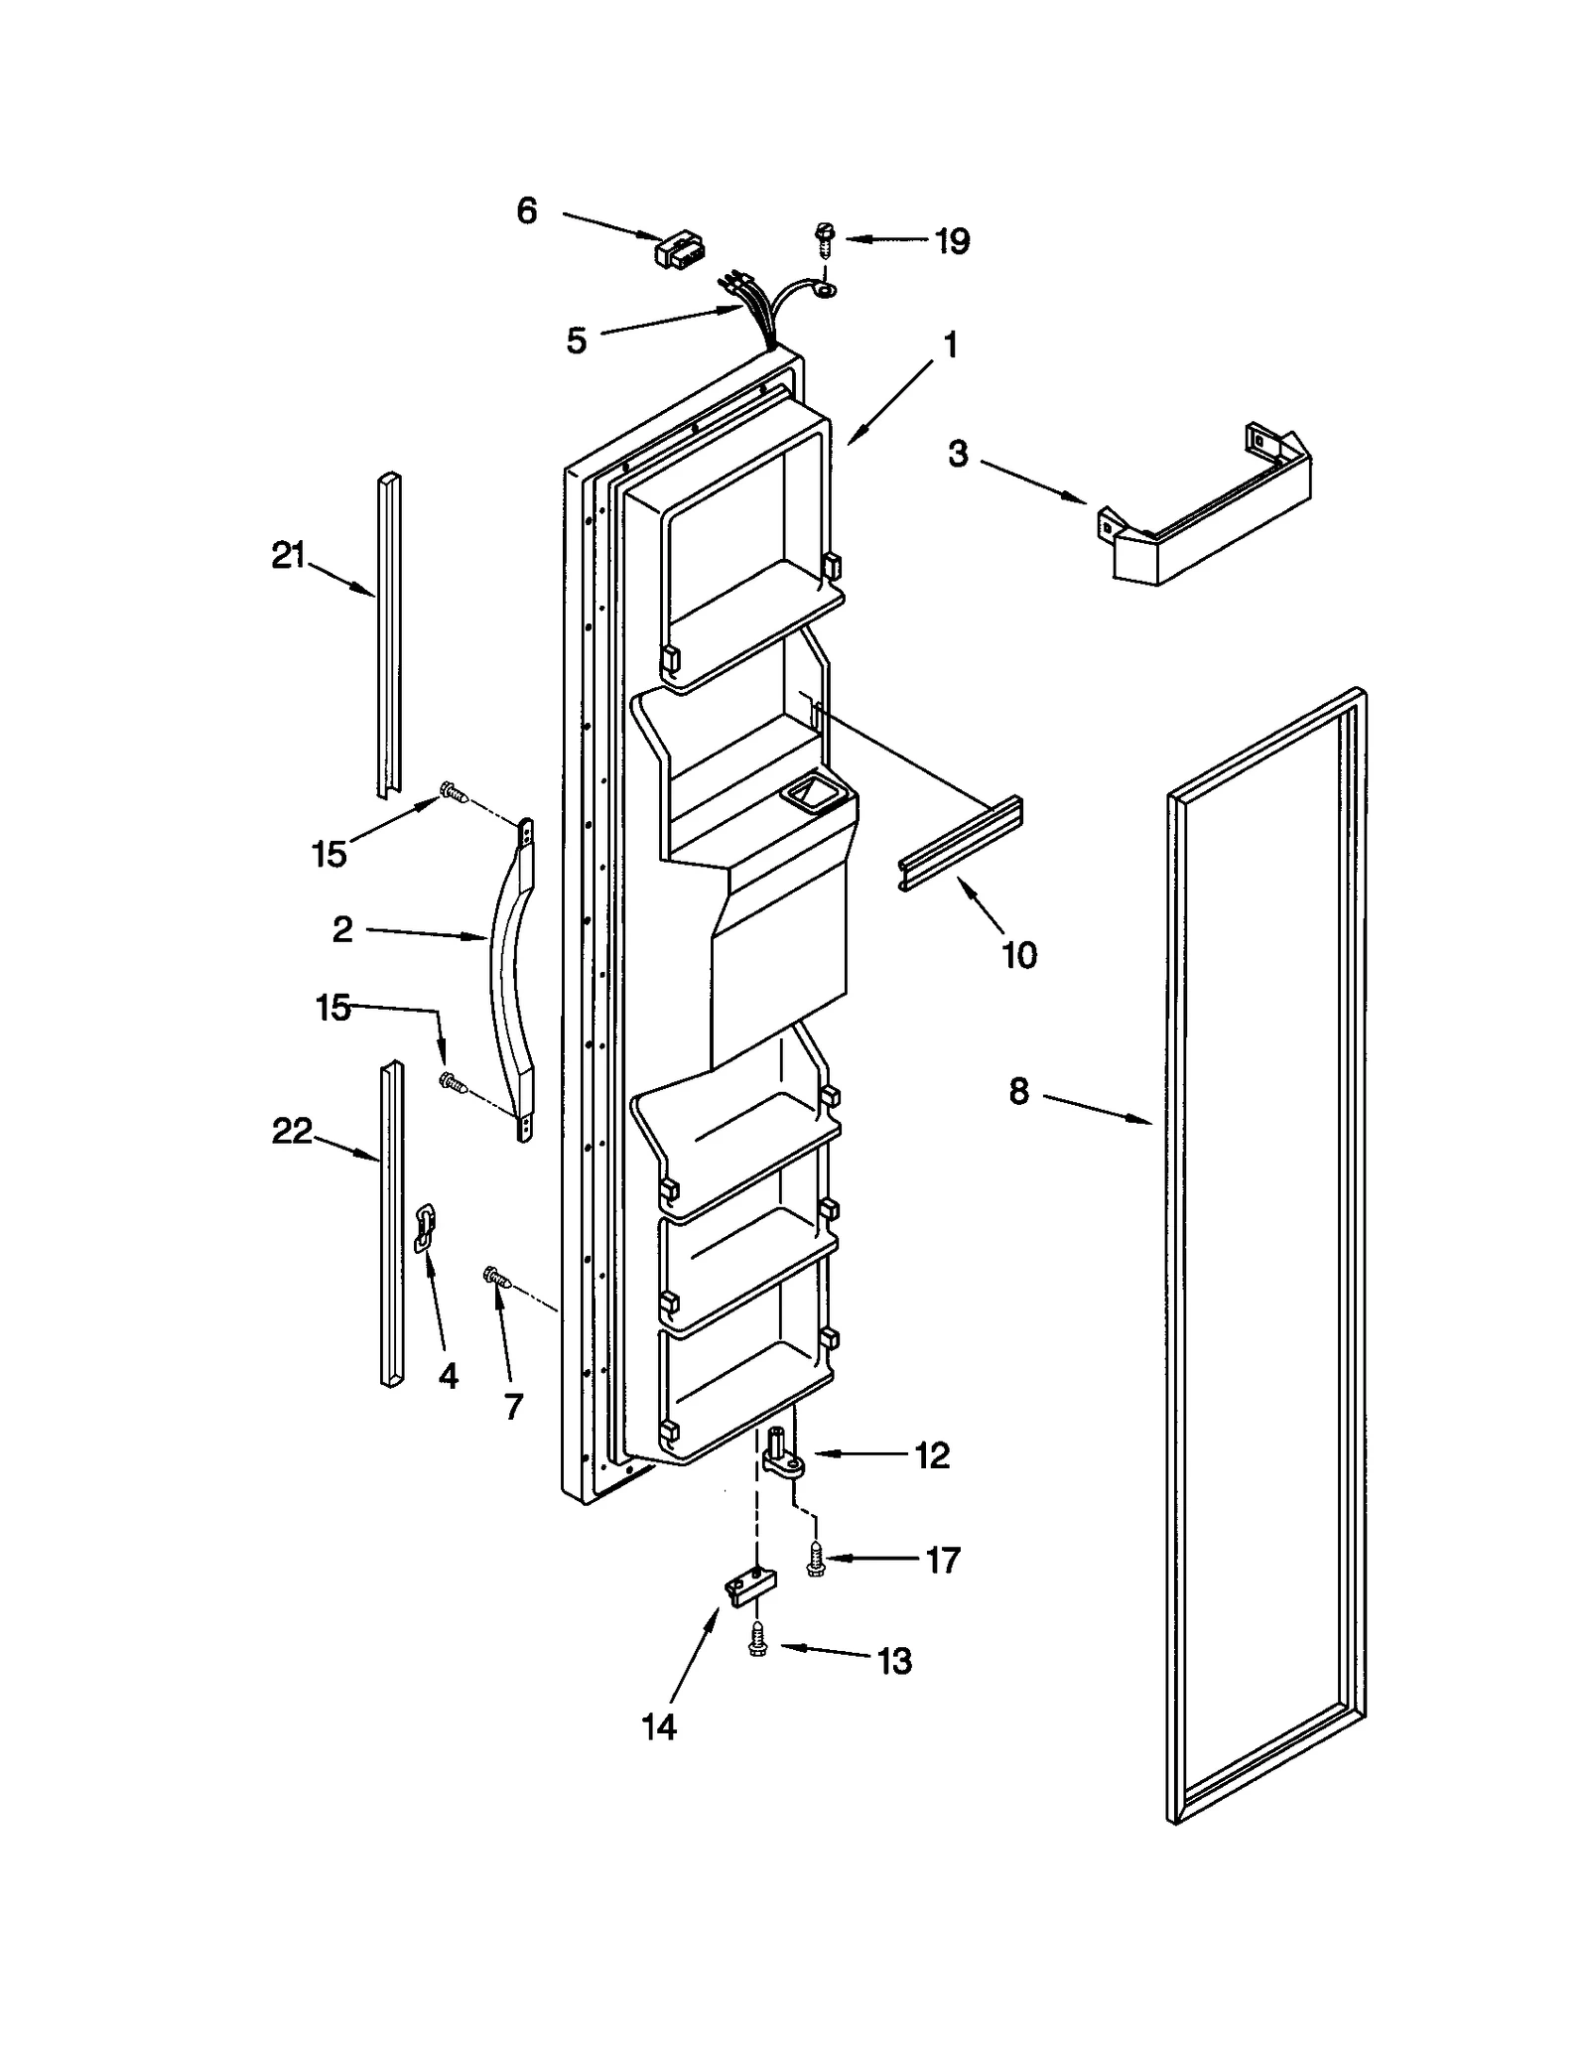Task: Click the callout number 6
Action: coord(527,210)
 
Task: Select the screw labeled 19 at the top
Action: coord(823,238)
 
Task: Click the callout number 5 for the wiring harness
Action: coord(577,341)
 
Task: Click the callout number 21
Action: coord(288,556)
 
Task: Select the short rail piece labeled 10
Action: coord(962,830)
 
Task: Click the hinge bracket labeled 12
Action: coord(786,1455)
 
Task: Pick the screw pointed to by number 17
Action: coord(816,1559)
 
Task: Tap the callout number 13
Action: coord(894,1660)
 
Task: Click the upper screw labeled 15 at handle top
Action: coord(453,791)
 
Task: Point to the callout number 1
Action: coord(950,345)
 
